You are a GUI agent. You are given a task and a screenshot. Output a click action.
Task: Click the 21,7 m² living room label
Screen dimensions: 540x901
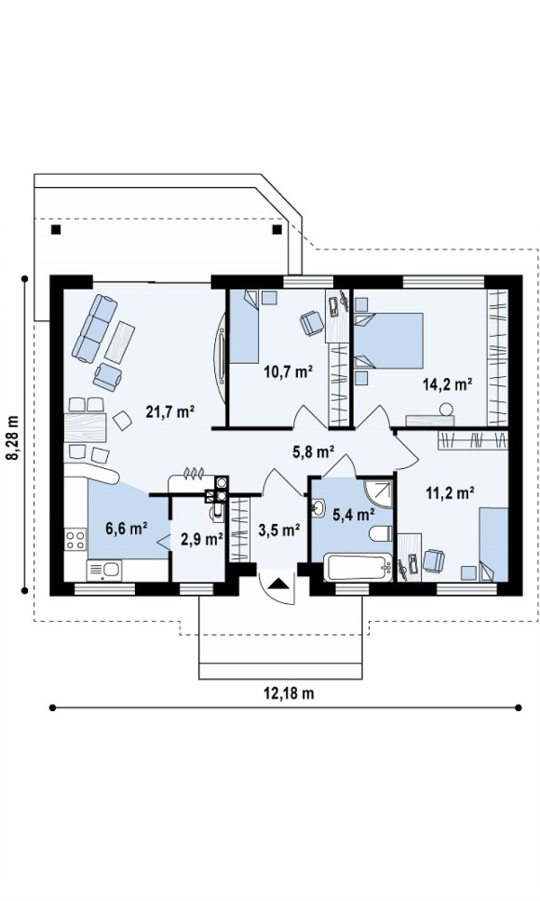click(x=170, y=411)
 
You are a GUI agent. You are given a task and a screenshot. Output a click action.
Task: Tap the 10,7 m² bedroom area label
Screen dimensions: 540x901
click(x=288, y=371)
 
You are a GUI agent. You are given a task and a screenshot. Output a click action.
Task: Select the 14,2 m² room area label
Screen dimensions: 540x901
click(x=448, y=383)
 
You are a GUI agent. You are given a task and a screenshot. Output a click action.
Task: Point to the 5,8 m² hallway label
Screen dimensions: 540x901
click(x=314, y=452)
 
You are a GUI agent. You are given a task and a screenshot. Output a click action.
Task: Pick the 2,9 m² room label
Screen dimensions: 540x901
click(x=202, y=539)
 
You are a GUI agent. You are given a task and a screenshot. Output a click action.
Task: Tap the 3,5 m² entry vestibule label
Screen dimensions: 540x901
click(x=279, y=530)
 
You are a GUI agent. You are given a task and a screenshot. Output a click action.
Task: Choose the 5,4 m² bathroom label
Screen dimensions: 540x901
click(x=354, y=515)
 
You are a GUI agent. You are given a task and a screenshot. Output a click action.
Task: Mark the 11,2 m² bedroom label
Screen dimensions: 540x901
click(x=450, y=491)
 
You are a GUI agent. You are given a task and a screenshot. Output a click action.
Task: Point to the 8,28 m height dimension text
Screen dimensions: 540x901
click(x=12, y=437)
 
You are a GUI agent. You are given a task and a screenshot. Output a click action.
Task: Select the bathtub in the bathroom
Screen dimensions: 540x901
click(x=358, y=567)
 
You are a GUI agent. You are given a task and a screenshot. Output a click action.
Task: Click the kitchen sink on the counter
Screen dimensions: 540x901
click(x=103, y=571)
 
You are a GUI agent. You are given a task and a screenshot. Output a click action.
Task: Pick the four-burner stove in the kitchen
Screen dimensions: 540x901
click(x=75, y=540)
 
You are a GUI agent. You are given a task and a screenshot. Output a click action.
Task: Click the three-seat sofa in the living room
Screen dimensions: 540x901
click(x=94, y=329)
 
